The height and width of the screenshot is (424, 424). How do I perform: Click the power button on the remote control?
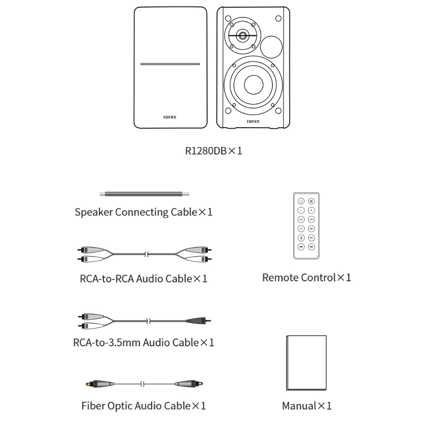click(x=301, y=201)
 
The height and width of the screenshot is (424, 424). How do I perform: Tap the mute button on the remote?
click(x=311, y=201)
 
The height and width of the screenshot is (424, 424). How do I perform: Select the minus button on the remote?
click(x=301, y=210)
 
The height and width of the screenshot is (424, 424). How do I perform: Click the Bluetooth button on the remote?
click(x=301, y=238)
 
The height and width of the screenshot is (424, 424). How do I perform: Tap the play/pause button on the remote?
click(x=311, y=238)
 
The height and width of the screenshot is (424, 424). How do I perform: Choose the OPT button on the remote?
click(x=301, y=229)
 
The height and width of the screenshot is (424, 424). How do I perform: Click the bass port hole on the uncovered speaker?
click(x=272, y=46)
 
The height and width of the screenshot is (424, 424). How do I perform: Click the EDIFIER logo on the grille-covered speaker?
click(x=170, y=117)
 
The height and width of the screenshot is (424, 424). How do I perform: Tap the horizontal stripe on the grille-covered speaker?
click(x=170, y=64)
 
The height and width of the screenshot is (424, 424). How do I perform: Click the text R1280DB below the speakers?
click(x=206, y=150)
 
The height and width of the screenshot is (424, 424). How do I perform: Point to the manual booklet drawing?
click(x=306, y=363)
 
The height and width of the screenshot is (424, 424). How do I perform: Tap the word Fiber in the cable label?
click(x=92, y=405)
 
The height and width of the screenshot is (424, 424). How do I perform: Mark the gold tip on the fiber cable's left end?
click(x=87, y=384)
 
